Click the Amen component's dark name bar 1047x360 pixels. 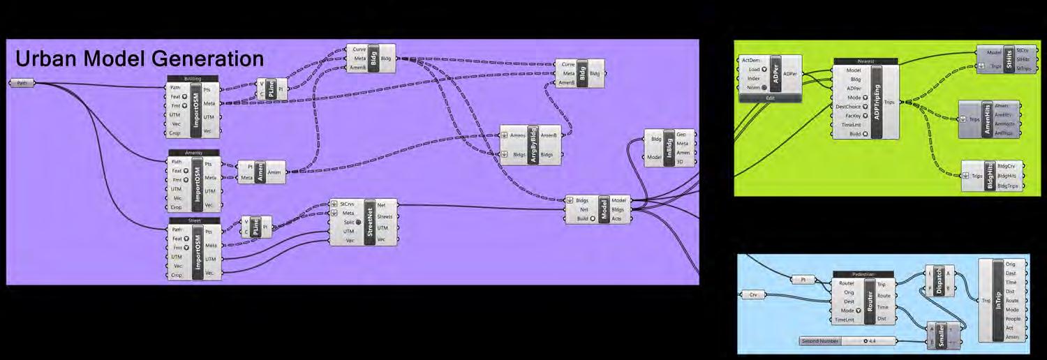tap(260, 172)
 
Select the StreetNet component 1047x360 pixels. tap(369, 223)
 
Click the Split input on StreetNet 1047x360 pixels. tap(348, 222)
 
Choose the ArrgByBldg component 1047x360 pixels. tap(533, 144)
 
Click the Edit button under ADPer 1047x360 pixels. tap(770, 98)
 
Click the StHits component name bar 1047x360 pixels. tap(1009, 59)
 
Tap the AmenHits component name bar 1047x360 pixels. tap(986, 119)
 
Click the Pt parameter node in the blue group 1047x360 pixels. tap(803, 280)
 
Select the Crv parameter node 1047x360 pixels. tap(753, 295)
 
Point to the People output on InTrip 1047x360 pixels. tap(1013, 319)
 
